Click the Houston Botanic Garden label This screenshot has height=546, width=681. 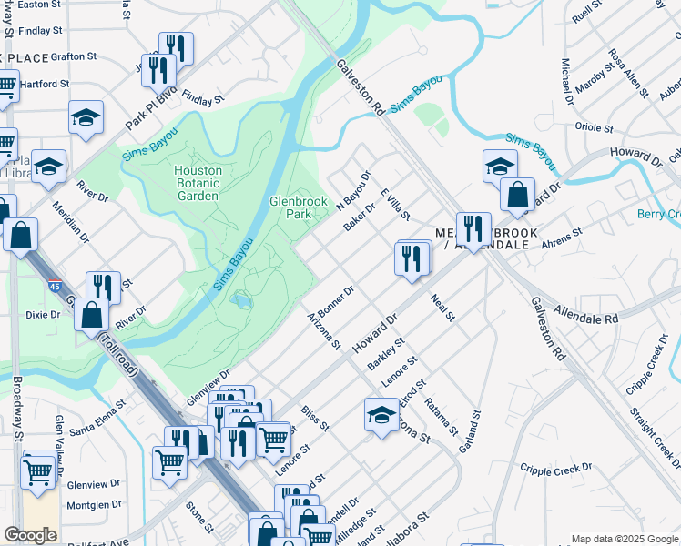pos(198,183)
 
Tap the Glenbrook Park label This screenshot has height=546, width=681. pos(291,207)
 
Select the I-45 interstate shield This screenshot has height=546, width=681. pos(57,288)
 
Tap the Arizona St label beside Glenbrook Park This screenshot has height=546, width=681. pos(323,332)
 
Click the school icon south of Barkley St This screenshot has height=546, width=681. pos(381,414)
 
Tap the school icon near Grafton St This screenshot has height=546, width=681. pos(86,117)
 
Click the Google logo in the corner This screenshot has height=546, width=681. pos(31,534)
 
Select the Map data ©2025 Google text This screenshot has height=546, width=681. pos(624,539)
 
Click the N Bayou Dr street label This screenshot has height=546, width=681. pos(355,190)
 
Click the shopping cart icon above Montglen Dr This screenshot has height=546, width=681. pos(37,471)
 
